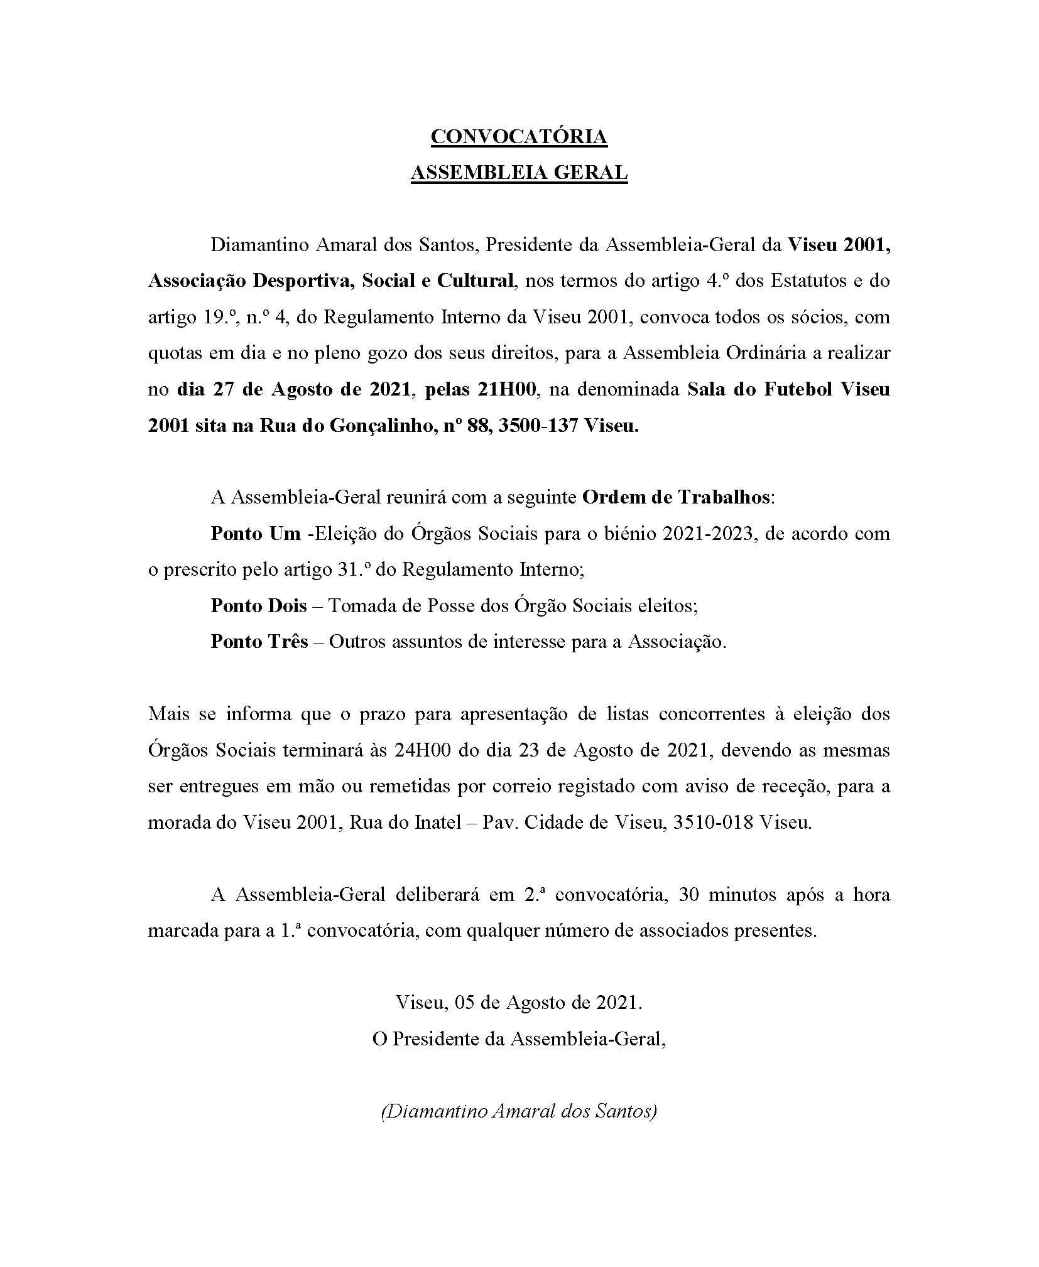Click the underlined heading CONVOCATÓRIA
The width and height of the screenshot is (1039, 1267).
pyautogui.click(x=519, y=137)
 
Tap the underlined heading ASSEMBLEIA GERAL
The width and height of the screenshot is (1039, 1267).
pyautogui.click(x=519, y=173)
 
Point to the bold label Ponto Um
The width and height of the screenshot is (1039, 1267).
pyautogui.click(x=256, y=533)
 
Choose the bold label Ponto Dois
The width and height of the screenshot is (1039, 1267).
pyautogui.click(x=259, y=605)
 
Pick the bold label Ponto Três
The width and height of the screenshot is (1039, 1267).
pyautogui.click(x=259, y=641)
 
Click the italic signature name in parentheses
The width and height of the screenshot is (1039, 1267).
pyautogui.click(x=519, y=1111)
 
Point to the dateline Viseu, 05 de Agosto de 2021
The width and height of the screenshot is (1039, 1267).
pyautogui.click(x=519, y=1002)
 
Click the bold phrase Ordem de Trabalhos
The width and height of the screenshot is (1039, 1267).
pyautogui.click(x=676, y=497)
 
